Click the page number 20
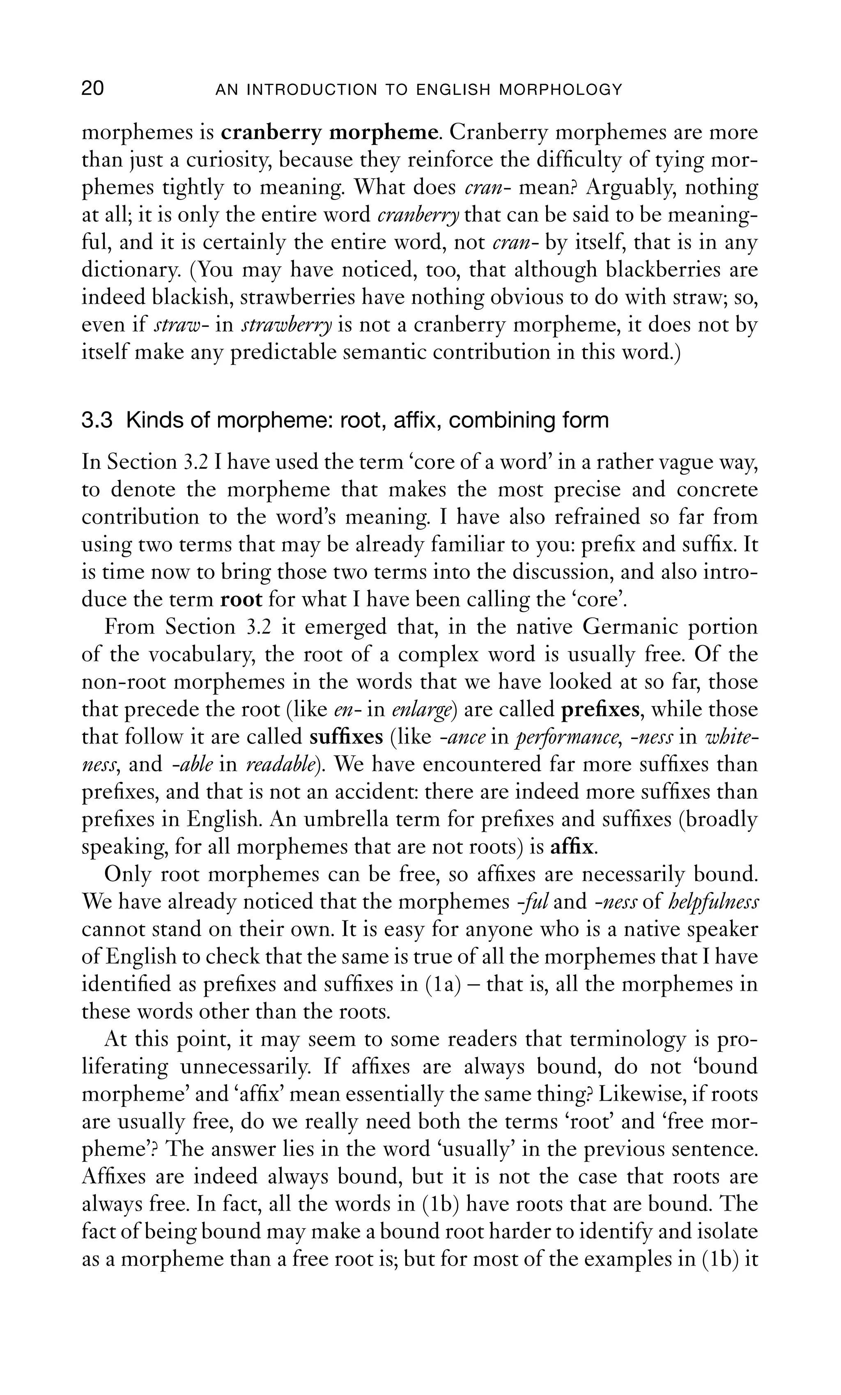click(93, 89)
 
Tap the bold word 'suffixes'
click(347, 737)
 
